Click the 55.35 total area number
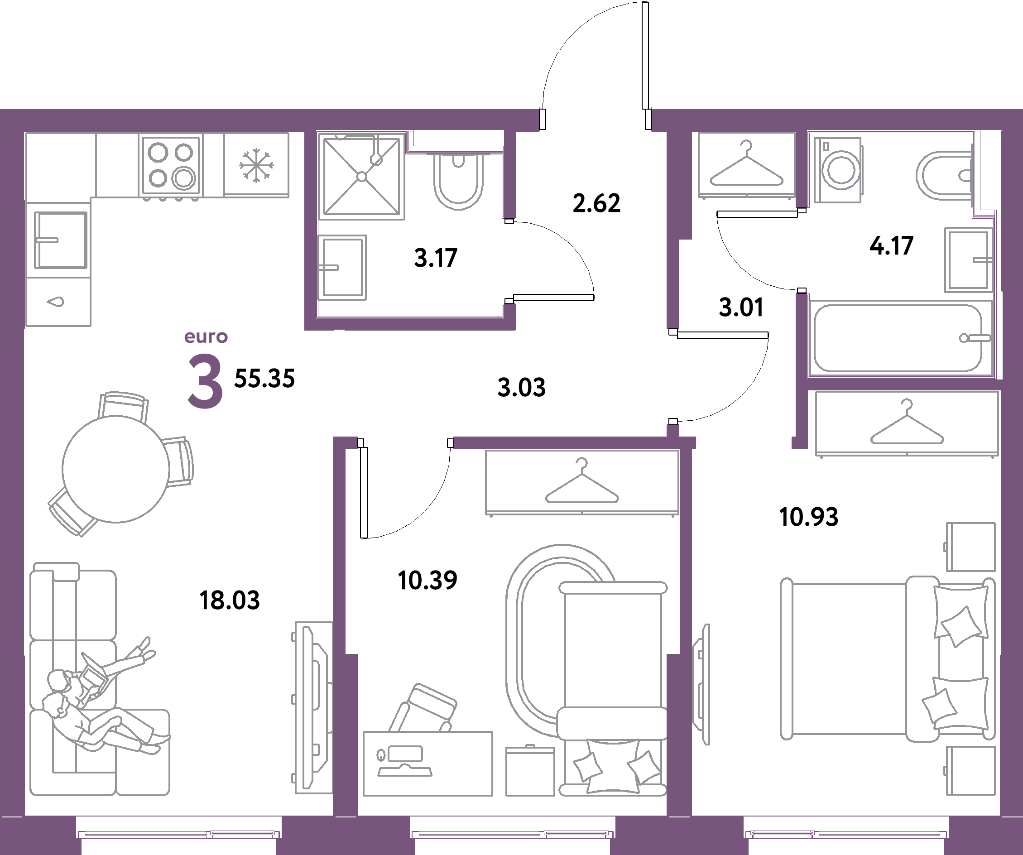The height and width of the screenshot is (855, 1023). [264, 379]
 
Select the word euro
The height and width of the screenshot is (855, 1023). [206, 336]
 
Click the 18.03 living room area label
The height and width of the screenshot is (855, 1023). [230, 600]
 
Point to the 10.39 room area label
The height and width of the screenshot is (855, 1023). [427, 580]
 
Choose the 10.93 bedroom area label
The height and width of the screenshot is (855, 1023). [809, 517]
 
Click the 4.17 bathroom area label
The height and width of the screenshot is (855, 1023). [892, 245]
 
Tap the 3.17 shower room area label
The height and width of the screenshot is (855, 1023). [436, 258]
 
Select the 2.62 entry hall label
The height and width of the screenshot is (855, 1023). [597, 203]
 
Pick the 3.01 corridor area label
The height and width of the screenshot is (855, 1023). [741, 307]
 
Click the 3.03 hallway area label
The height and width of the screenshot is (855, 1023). [522, 387]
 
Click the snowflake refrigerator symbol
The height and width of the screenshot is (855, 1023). [256, 166]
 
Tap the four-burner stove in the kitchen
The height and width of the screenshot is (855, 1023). [171, 165]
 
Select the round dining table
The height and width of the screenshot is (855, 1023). [116, 469]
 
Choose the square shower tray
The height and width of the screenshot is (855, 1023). [361, 176]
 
